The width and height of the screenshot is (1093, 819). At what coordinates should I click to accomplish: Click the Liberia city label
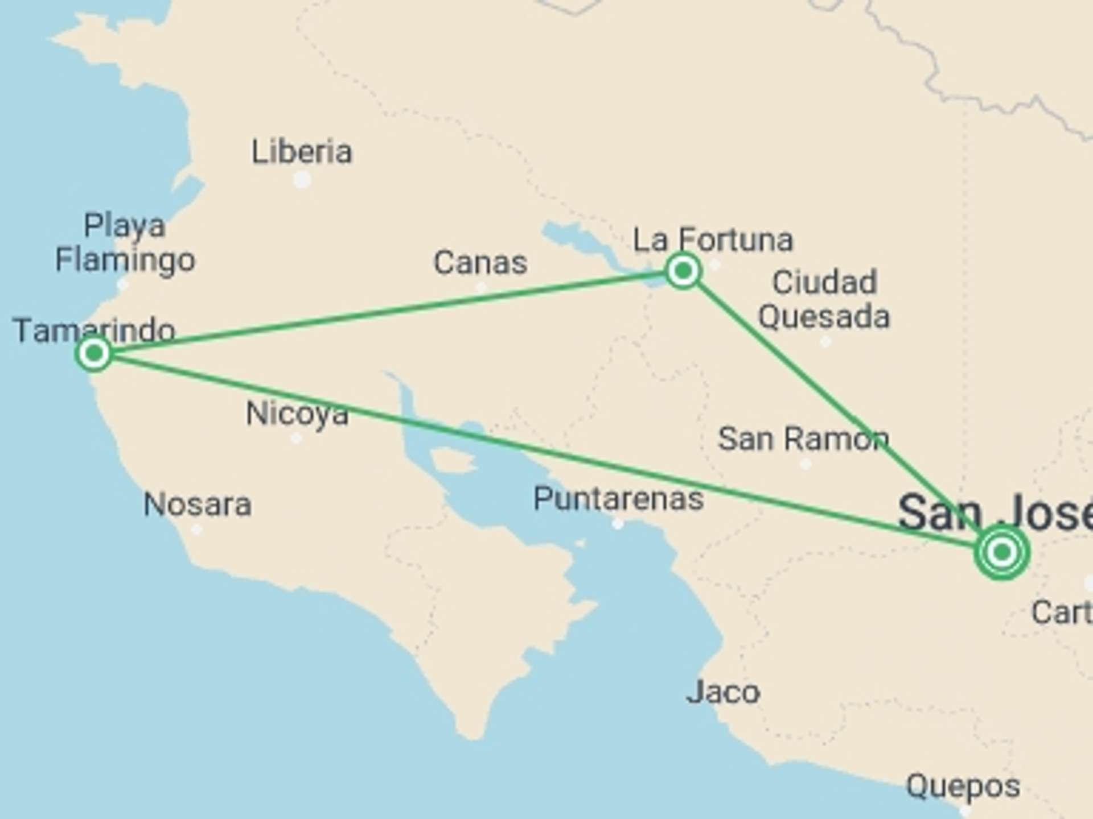coord(302,152)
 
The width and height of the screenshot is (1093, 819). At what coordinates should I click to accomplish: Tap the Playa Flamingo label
coord(125,243)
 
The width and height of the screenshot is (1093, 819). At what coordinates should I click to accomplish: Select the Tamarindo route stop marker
coord(93,354)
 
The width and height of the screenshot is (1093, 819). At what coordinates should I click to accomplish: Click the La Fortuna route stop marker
coord(683,271)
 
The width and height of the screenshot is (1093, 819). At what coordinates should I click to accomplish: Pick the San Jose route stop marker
coord(1001,552)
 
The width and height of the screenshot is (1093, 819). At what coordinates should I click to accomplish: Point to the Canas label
coord(480,263)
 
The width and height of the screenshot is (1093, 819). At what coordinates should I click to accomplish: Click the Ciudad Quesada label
coord(824,300)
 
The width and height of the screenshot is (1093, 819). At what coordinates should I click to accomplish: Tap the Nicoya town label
coord(297,413)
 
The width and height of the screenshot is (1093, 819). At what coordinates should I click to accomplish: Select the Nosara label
coord(197,504)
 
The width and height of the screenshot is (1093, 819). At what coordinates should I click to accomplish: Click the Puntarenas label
coord(618,499)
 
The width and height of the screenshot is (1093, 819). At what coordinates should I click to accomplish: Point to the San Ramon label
coord(803,439)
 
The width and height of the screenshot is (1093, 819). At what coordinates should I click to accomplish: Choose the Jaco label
coord(723,692)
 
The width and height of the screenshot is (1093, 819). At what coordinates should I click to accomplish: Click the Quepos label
coord(963,787)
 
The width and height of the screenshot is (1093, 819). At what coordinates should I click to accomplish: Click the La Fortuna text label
coord(713,239)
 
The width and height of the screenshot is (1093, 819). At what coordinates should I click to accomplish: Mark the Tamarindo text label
coord(94,330)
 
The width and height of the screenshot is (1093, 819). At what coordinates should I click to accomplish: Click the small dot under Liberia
coord(302,180)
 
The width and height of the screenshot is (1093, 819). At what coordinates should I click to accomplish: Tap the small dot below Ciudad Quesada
coord(825,342)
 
